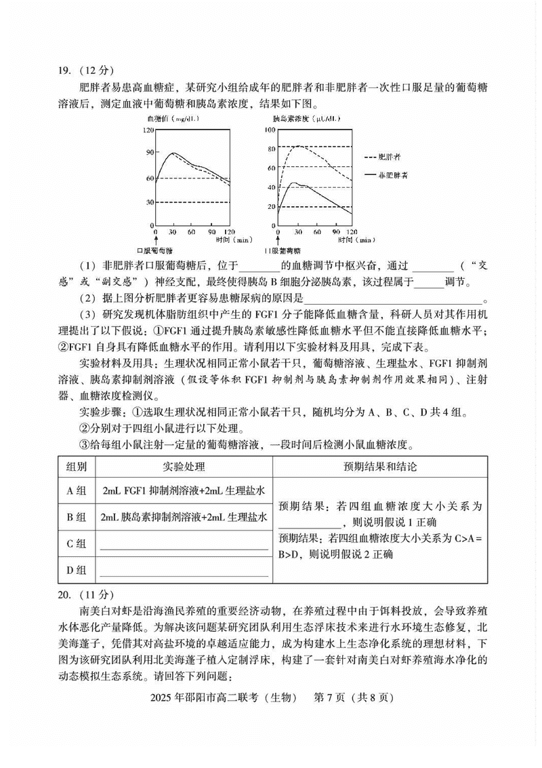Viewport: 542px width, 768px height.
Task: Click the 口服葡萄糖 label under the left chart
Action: [x=156, y=250]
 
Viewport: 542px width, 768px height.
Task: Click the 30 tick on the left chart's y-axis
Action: [x=150, y=202]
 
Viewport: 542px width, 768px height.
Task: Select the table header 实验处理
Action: [x=184, y=467]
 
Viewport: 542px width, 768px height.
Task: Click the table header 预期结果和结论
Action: [x=379, y=467]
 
